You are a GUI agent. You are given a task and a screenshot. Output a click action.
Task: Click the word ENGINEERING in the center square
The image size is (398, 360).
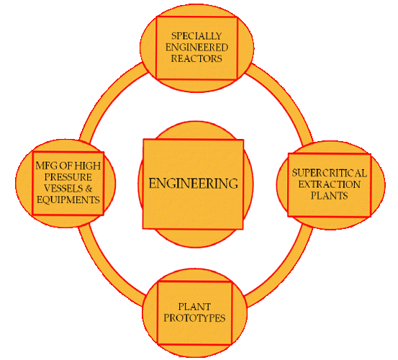click(193, 184)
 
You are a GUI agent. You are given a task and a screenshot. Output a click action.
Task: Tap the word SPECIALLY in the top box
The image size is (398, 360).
click(196, 36)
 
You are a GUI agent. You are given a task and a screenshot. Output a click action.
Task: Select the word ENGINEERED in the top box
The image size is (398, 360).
click(196, 48)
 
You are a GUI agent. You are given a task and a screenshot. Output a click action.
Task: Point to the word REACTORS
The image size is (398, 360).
click(196, 58)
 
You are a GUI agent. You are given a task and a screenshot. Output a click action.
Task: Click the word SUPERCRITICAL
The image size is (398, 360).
click(329, 173)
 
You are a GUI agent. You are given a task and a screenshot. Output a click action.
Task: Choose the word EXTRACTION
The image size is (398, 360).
click(329, 184)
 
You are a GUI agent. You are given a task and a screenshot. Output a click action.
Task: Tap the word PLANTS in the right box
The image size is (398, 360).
click(329, 196)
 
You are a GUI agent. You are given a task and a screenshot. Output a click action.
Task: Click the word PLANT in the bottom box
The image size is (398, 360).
click(194, 307)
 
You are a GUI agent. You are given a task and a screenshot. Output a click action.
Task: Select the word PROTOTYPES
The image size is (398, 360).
click(194, 318)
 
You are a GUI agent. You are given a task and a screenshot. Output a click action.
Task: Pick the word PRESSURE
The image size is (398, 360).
click(68, 177)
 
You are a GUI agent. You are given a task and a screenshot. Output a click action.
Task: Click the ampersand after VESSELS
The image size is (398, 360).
click(89, 189)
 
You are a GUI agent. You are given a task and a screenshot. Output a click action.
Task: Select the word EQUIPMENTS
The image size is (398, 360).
click(68, 200)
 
